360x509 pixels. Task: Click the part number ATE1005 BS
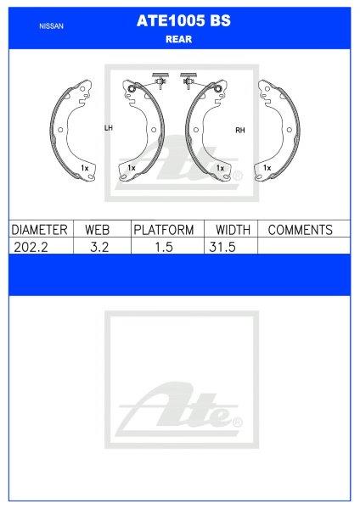[x=183, y=20]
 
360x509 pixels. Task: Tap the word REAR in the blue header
[x=178, y=39]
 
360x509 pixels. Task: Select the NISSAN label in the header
[x=51, y=26]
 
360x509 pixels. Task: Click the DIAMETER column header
[x=39, y=230]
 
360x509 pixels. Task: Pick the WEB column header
[x=98, y=230]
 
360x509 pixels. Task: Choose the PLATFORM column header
[x=164, y=230]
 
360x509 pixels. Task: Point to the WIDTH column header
[x=233, y=230]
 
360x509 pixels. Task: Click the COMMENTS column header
[x=301, y=230]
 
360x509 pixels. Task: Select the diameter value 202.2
[x=31, y=247]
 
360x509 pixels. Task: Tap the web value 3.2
[x=99, y=247]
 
